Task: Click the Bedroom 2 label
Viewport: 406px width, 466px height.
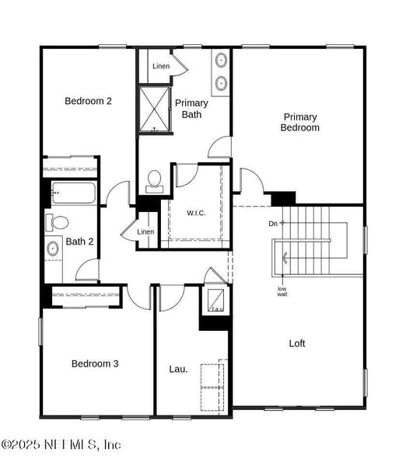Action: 88,101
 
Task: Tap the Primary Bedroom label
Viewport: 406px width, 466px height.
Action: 299,122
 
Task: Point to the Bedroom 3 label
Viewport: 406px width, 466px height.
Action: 95,363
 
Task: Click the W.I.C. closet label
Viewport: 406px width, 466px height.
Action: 195,212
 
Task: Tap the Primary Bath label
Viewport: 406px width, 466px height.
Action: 191,109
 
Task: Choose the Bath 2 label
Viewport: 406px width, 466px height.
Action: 79,242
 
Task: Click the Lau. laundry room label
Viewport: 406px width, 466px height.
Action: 178,369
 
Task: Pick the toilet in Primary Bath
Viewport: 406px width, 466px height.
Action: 154,180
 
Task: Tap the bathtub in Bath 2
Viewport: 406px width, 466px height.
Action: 72,193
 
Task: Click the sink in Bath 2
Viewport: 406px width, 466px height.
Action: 53,249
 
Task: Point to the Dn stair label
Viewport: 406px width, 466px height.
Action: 273,224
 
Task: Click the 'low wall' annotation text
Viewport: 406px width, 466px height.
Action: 282,292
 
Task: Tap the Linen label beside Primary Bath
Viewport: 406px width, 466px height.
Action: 161,66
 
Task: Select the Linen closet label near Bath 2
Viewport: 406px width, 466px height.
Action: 145,232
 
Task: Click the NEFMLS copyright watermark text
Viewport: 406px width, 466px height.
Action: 62,445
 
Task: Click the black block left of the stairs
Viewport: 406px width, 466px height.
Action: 282,198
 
